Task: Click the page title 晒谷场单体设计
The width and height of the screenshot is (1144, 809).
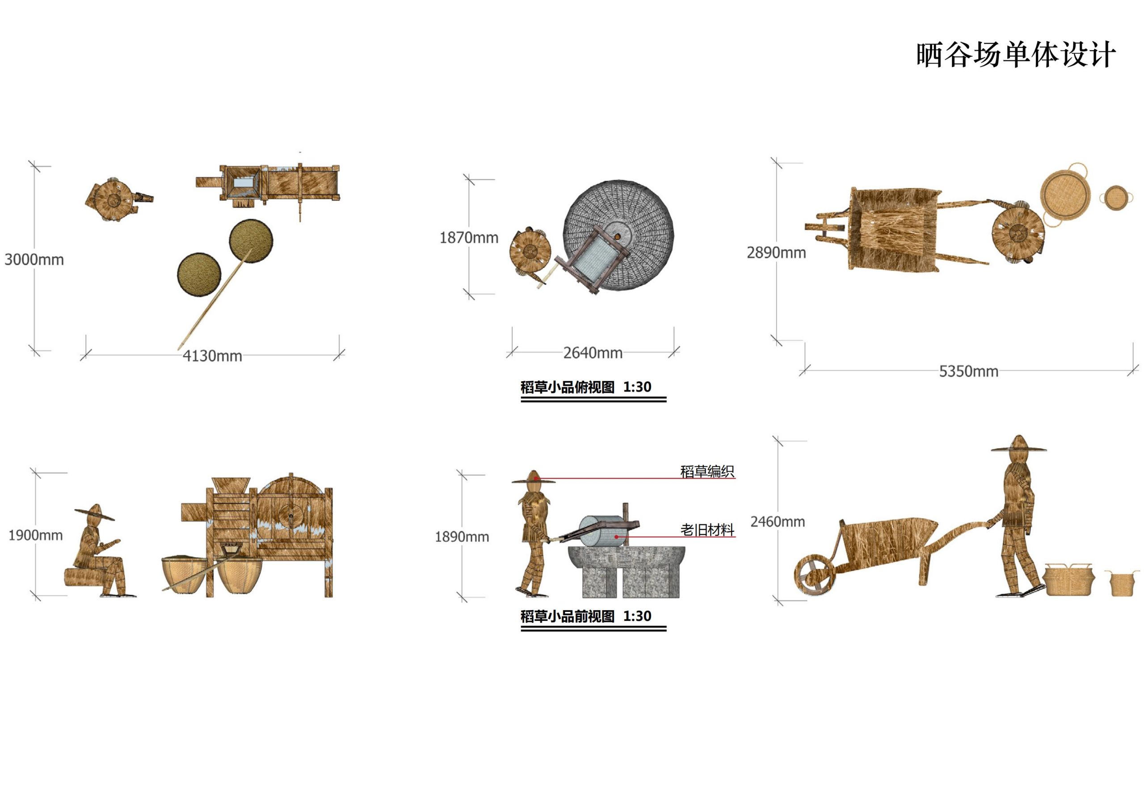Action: pyautogui.click(x=1015, y=55)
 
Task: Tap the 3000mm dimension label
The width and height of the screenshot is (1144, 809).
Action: pyautogui.click(x=34, y=260)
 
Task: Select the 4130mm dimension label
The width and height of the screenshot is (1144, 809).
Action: pyautogui.click(x=212, y=356)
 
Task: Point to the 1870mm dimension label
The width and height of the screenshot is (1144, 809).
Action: pyautogui.click(x=468, y=238)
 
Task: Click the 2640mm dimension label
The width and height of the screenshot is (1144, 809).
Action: pyautogui.click(x=593, y=353)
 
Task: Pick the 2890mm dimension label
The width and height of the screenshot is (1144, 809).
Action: pyautogui.click(x=776, y=253)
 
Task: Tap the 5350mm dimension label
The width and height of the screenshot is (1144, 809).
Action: pyautogui.click(x=968, y=371)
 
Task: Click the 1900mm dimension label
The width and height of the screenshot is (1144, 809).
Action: pyautogui.click(x=35, y=535)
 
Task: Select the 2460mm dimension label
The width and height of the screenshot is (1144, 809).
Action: pyautogui.click(x=777, y=522)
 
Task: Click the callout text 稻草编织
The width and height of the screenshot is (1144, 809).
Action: pyautogui.click(x=707, y=472)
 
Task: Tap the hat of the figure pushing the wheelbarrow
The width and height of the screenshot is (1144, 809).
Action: pyautogui.click(x=1018, y=445)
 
